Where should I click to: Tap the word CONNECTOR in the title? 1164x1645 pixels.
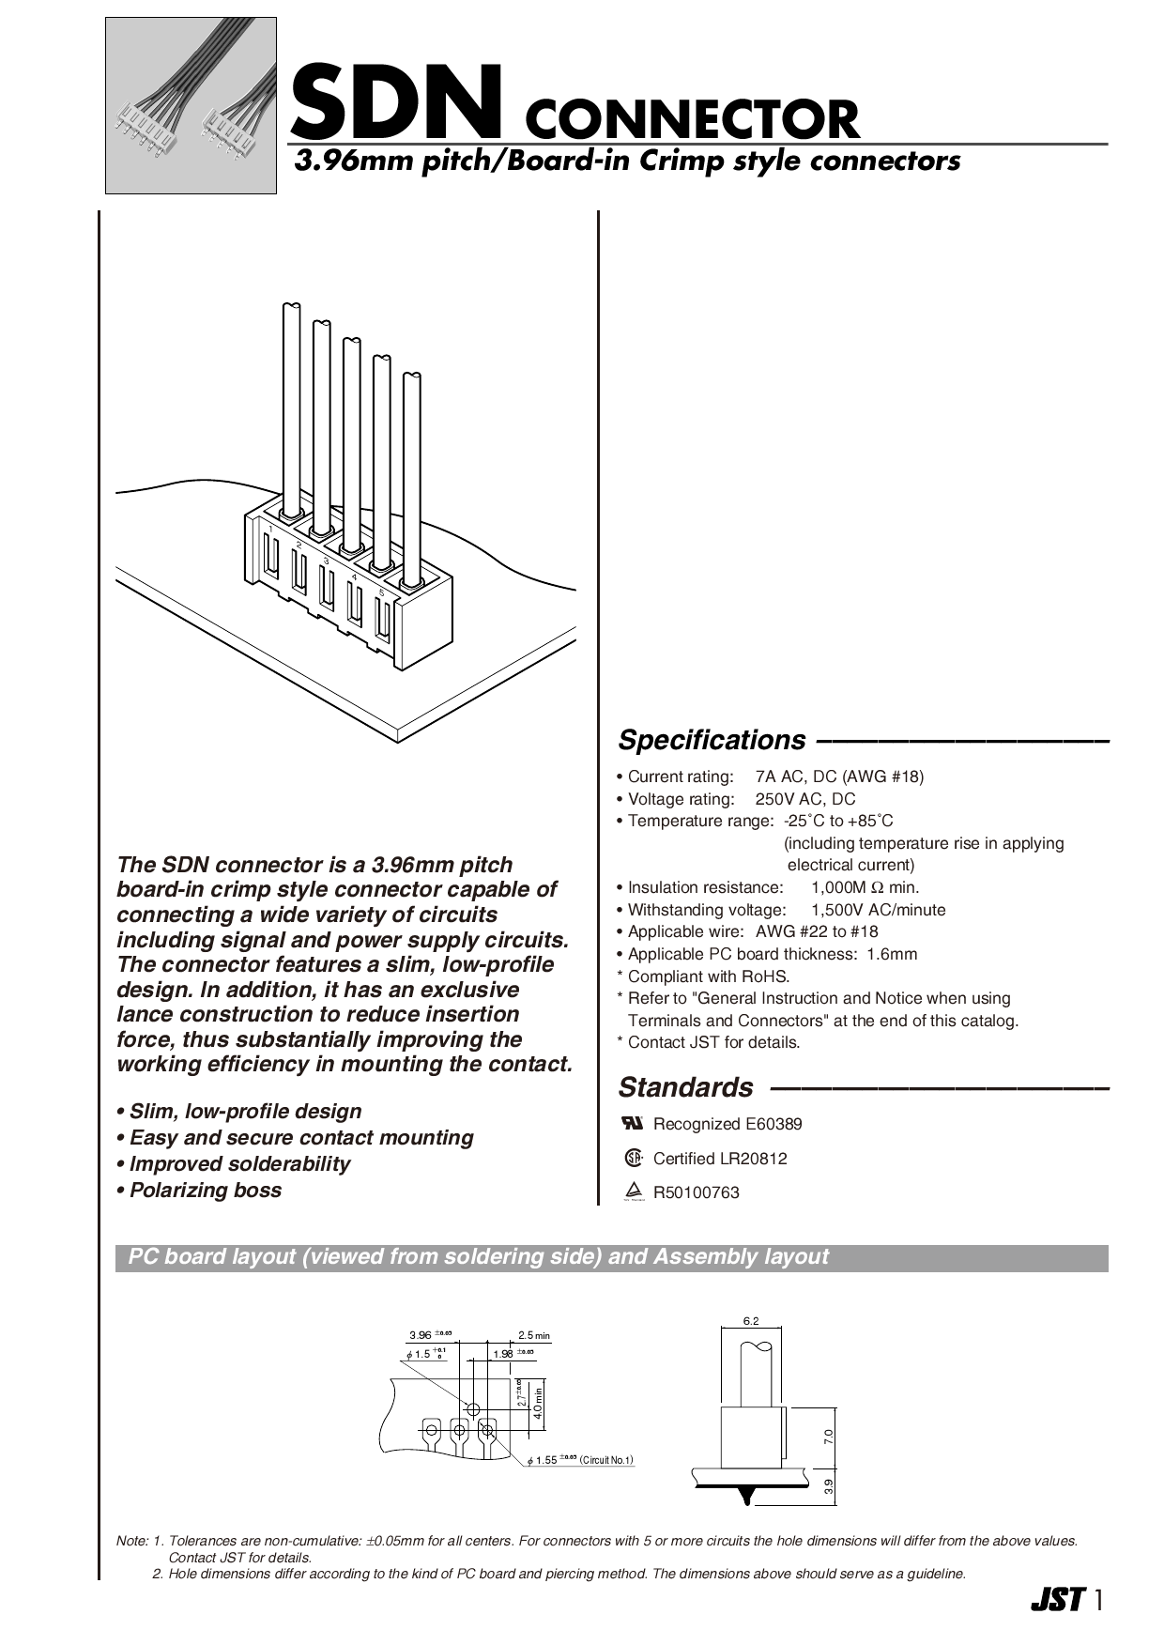(692, 119)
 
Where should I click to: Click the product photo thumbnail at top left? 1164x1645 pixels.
(191, 105)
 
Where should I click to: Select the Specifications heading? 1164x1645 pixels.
(712, 740)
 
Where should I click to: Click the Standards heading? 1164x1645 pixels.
(685, 1087)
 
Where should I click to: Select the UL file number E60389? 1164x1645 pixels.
(773, 1124)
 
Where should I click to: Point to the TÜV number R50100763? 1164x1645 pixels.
(697, 1192)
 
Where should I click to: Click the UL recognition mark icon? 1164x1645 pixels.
(633, 1123)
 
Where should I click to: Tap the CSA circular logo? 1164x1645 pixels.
(634, 1158)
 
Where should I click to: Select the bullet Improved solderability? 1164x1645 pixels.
(239, 1164)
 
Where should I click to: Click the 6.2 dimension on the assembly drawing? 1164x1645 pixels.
(750, 1321)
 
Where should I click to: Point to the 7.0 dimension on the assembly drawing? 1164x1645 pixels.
(827, 1436)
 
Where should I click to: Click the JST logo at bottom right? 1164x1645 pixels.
(1058, 1600)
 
